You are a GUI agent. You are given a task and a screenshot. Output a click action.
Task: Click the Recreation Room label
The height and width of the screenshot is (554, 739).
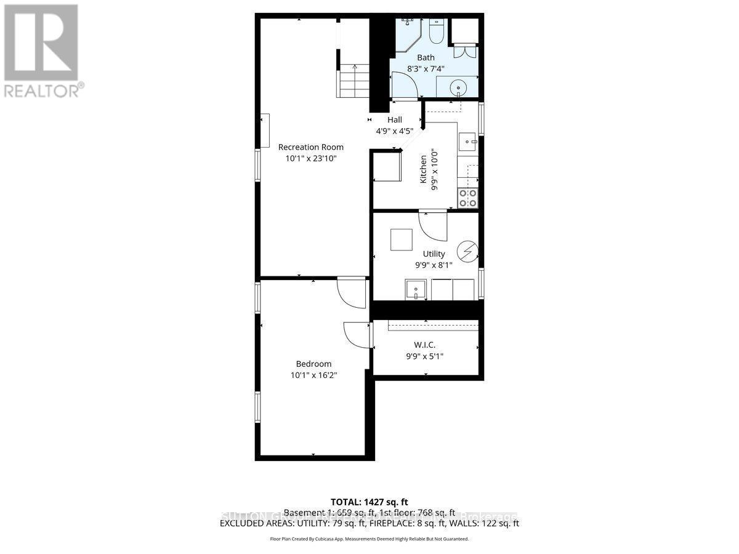pos(310,147)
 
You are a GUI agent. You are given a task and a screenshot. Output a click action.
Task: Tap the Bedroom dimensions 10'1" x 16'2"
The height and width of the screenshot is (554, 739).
pos(313,375)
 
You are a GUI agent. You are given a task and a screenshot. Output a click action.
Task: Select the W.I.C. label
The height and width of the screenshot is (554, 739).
pos(426,345)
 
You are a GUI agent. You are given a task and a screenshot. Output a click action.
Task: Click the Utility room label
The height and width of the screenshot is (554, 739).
pos(434,254)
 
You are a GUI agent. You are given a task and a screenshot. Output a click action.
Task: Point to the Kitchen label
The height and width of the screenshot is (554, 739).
pos(424,169)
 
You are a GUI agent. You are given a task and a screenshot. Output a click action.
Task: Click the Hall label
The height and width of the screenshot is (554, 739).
pos(394,120)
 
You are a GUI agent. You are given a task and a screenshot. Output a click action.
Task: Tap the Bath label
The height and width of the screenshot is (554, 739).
pos(426,58)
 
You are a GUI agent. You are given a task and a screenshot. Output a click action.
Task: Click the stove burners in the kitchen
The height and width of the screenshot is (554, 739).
pos(468,198)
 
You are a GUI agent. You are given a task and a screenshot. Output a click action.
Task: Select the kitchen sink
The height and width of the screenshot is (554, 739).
pos(468,142)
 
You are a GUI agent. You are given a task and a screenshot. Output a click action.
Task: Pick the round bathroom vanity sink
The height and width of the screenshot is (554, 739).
pos(459,87)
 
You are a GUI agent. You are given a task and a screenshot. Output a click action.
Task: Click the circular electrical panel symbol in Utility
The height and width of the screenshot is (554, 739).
pos(467,251)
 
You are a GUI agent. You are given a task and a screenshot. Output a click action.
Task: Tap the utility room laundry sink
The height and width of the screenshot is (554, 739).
pos(416,289)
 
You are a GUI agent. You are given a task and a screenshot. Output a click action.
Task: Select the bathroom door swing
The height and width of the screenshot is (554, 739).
pos(403,86)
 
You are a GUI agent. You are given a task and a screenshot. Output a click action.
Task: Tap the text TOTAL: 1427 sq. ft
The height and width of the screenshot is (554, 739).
pos(369,502)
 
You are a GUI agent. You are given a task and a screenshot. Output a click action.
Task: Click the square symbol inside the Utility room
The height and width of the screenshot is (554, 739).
pos(402,239)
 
